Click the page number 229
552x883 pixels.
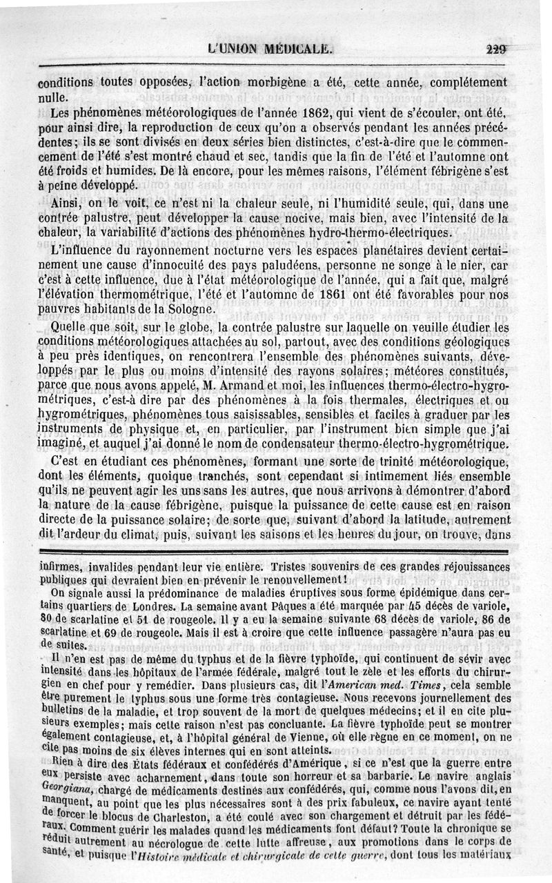pos(496,48)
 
